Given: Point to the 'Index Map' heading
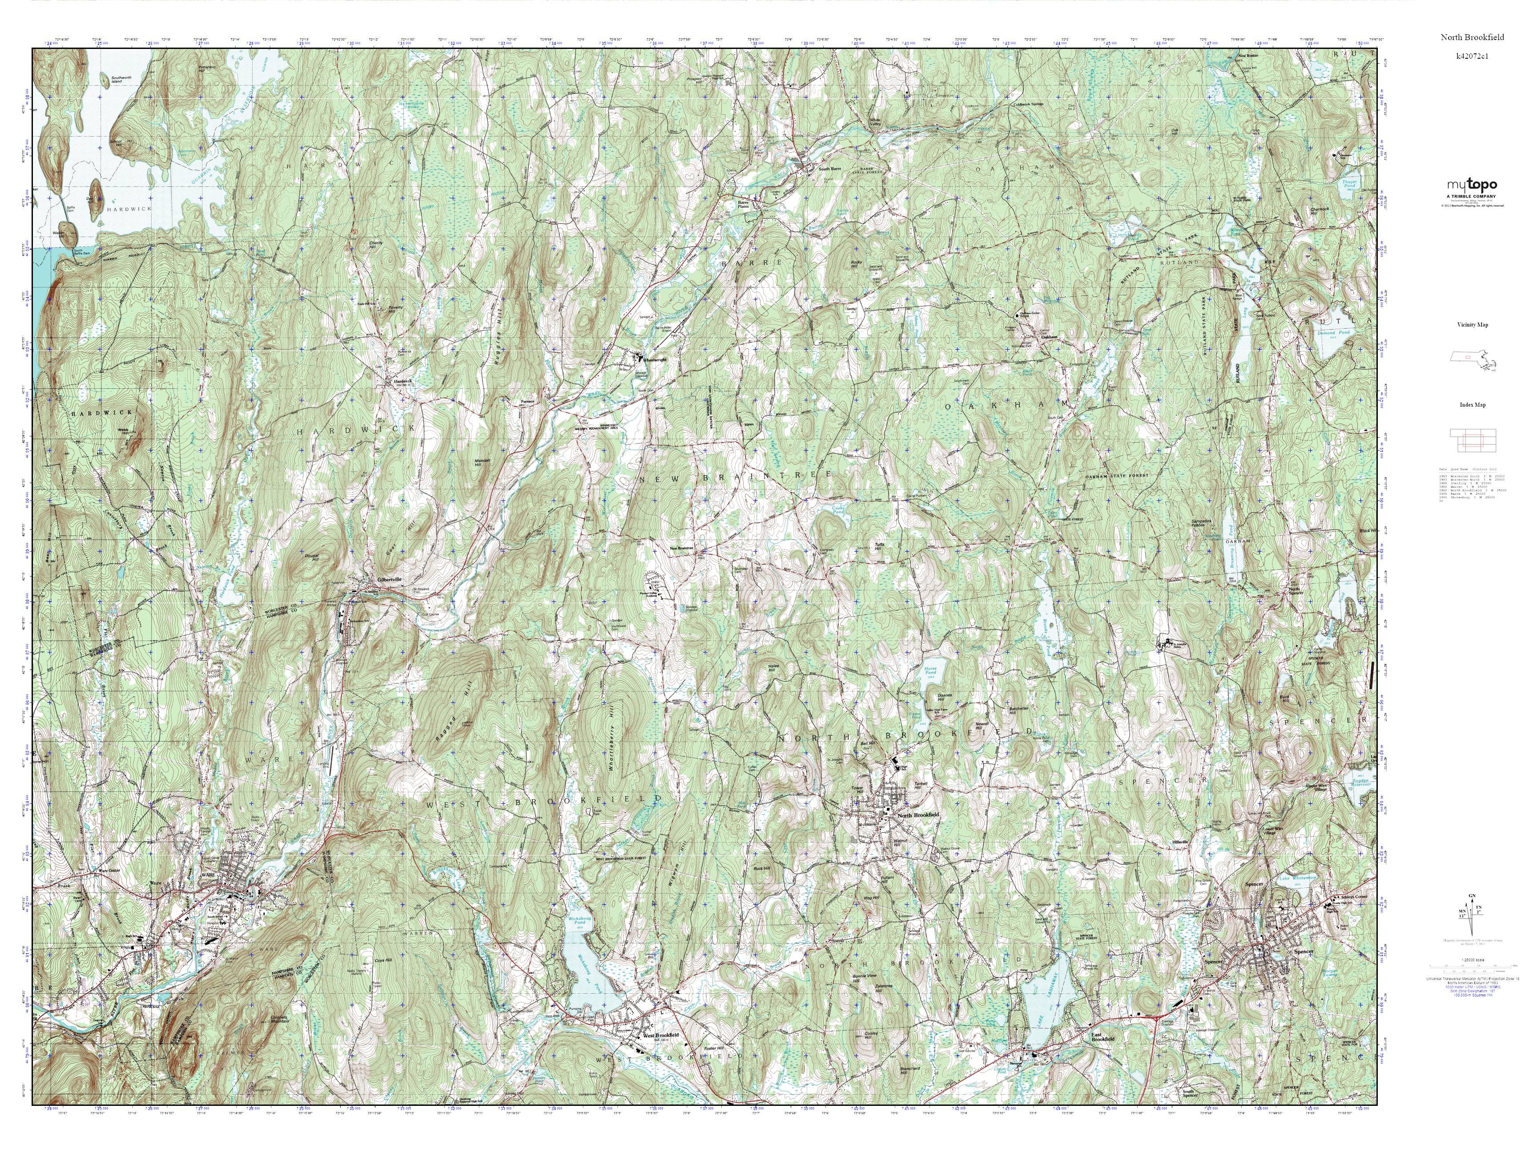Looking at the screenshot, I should [x=1472, y=404].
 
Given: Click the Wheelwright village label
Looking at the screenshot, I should [x=654, y=360].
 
